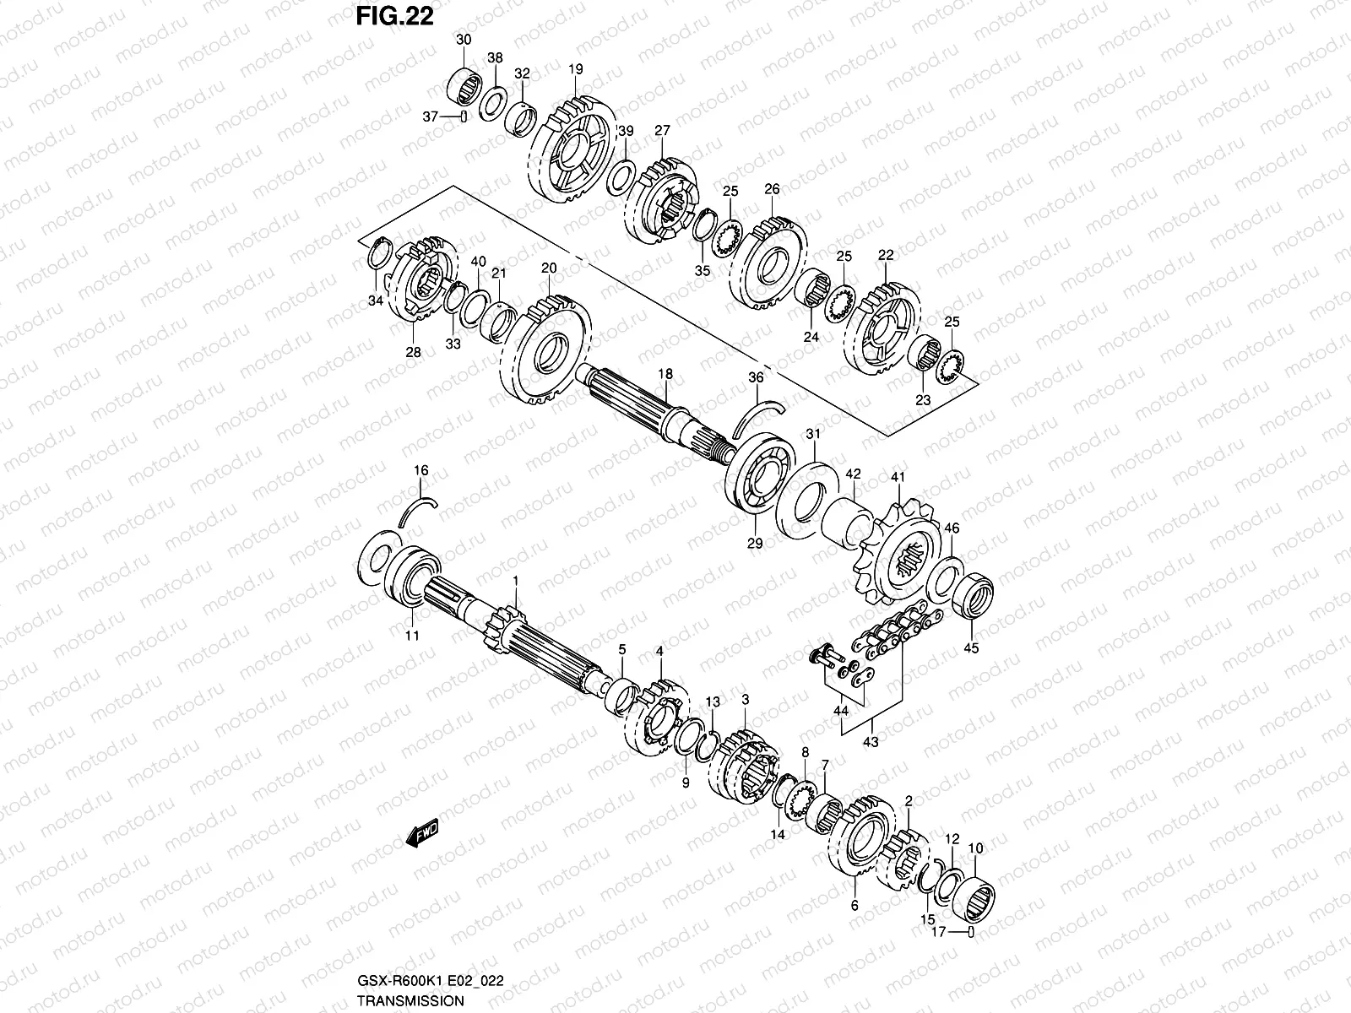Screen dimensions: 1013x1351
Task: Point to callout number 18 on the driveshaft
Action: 665,373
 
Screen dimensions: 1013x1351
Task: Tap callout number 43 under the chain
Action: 871,742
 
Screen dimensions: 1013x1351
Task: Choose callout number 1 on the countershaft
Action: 516,582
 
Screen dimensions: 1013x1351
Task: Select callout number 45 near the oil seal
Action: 971,649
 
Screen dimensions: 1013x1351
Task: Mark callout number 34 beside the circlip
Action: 375,301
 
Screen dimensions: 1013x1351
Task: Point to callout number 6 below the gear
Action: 855,905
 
